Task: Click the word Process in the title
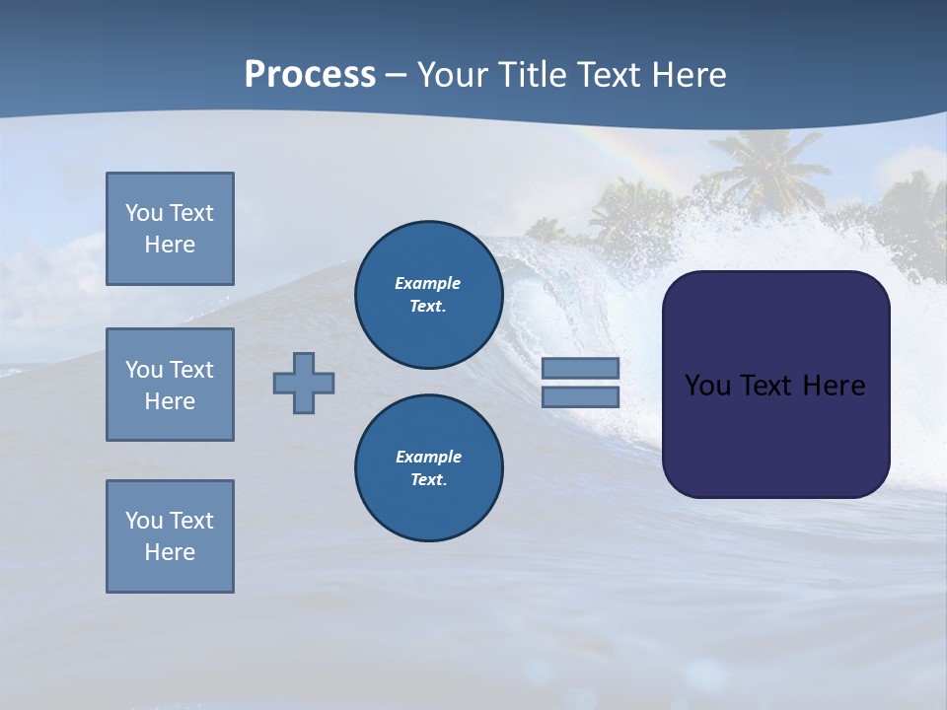point(310,75)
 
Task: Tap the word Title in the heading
point(532,75)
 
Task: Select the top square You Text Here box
point(170,229)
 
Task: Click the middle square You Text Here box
point(170,385)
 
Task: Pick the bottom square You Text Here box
point(170,536)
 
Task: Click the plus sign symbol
point(304,383)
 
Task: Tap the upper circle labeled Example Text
point(429,295)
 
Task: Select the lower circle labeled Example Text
point(429,468)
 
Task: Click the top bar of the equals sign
point(580,368)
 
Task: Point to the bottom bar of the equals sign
point(580,397)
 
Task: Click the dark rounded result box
point(776,434)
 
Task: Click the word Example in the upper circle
point(427,283)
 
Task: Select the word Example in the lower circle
point(428,457)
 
